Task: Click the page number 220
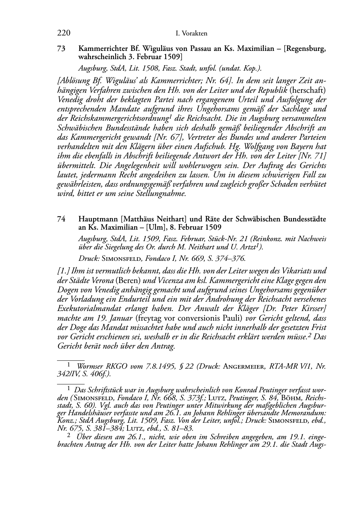click(63, 33)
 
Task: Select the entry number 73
click(61, 49)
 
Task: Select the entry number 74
click(61, 219)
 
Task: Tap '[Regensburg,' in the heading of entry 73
click(305, 49)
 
